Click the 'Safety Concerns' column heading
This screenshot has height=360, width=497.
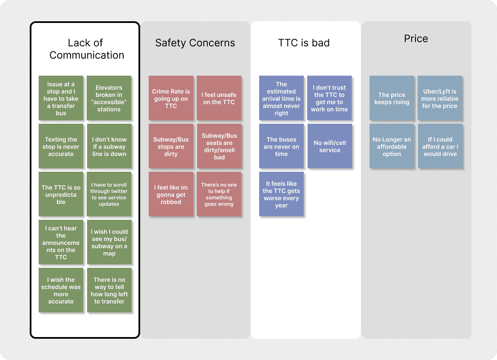(195, 43)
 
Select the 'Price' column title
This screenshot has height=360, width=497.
(416, 39)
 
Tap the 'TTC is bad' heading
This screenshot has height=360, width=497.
(304, 43)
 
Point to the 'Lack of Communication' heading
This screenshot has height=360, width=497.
(87, 49)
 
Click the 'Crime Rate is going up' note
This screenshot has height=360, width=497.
(171, 99)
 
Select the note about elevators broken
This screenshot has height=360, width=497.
(109, 99)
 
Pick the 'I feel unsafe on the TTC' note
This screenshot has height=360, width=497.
(219, 99)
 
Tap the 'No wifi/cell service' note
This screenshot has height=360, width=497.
(330, 147)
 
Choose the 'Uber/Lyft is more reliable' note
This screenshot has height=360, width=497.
(440, 99)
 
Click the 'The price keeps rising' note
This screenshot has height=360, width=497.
(392, 99)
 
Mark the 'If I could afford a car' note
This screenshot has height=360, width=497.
(440, 147)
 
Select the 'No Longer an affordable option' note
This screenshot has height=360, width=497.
(392, 147)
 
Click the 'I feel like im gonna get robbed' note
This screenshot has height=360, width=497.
(171, 195)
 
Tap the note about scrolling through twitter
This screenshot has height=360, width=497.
(109, 195)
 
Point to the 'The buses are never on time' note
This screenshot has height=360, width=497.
(281, 147)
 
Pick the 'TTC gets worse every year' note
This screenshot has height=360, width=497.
(281, 195)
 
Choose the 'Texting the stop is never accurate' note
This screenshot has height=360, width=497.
(61, 147)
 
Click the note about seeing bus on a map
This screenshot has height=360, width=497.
(109, 243)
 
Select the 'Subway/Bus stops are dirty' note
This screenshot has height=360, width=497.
(171, 147)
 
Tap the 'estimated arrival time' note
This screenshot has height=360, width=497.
(281, 99)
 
